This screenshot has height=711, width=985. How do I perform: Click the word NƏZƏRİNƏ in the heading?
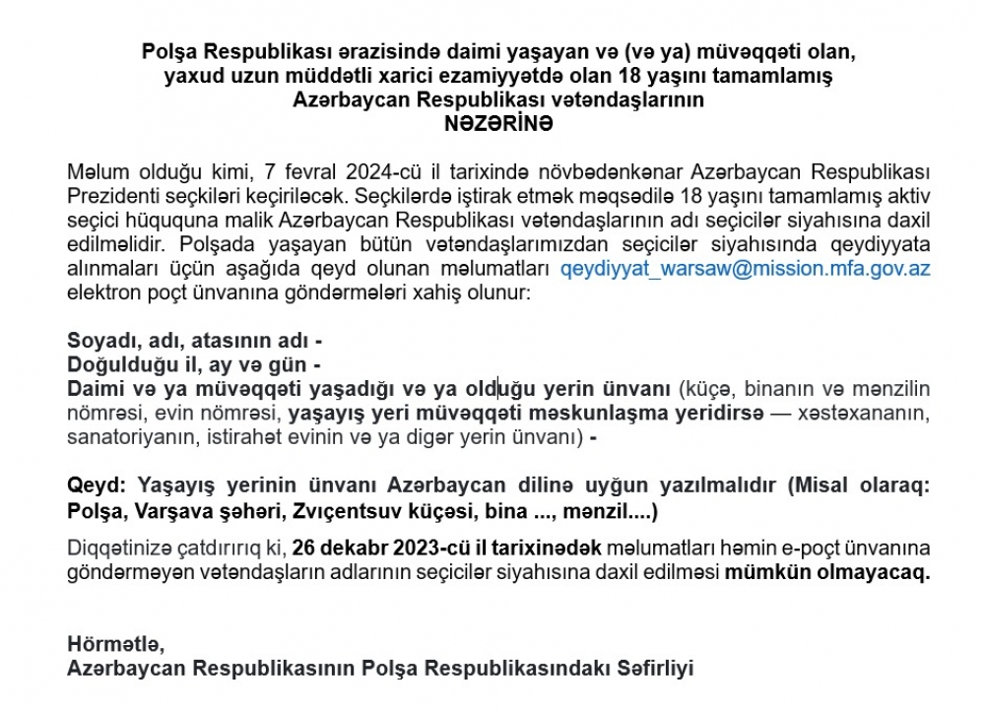click(x=498, y=124)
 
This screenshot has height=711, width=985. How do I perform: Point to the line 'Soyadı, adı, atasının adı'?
click(x=194, y=341)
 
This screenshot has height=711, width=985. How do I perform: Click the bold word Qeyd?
click(x=97, y=487)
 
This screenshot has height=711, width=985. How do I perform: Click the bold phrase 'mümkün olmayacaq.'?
click(x=828, y=572)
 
